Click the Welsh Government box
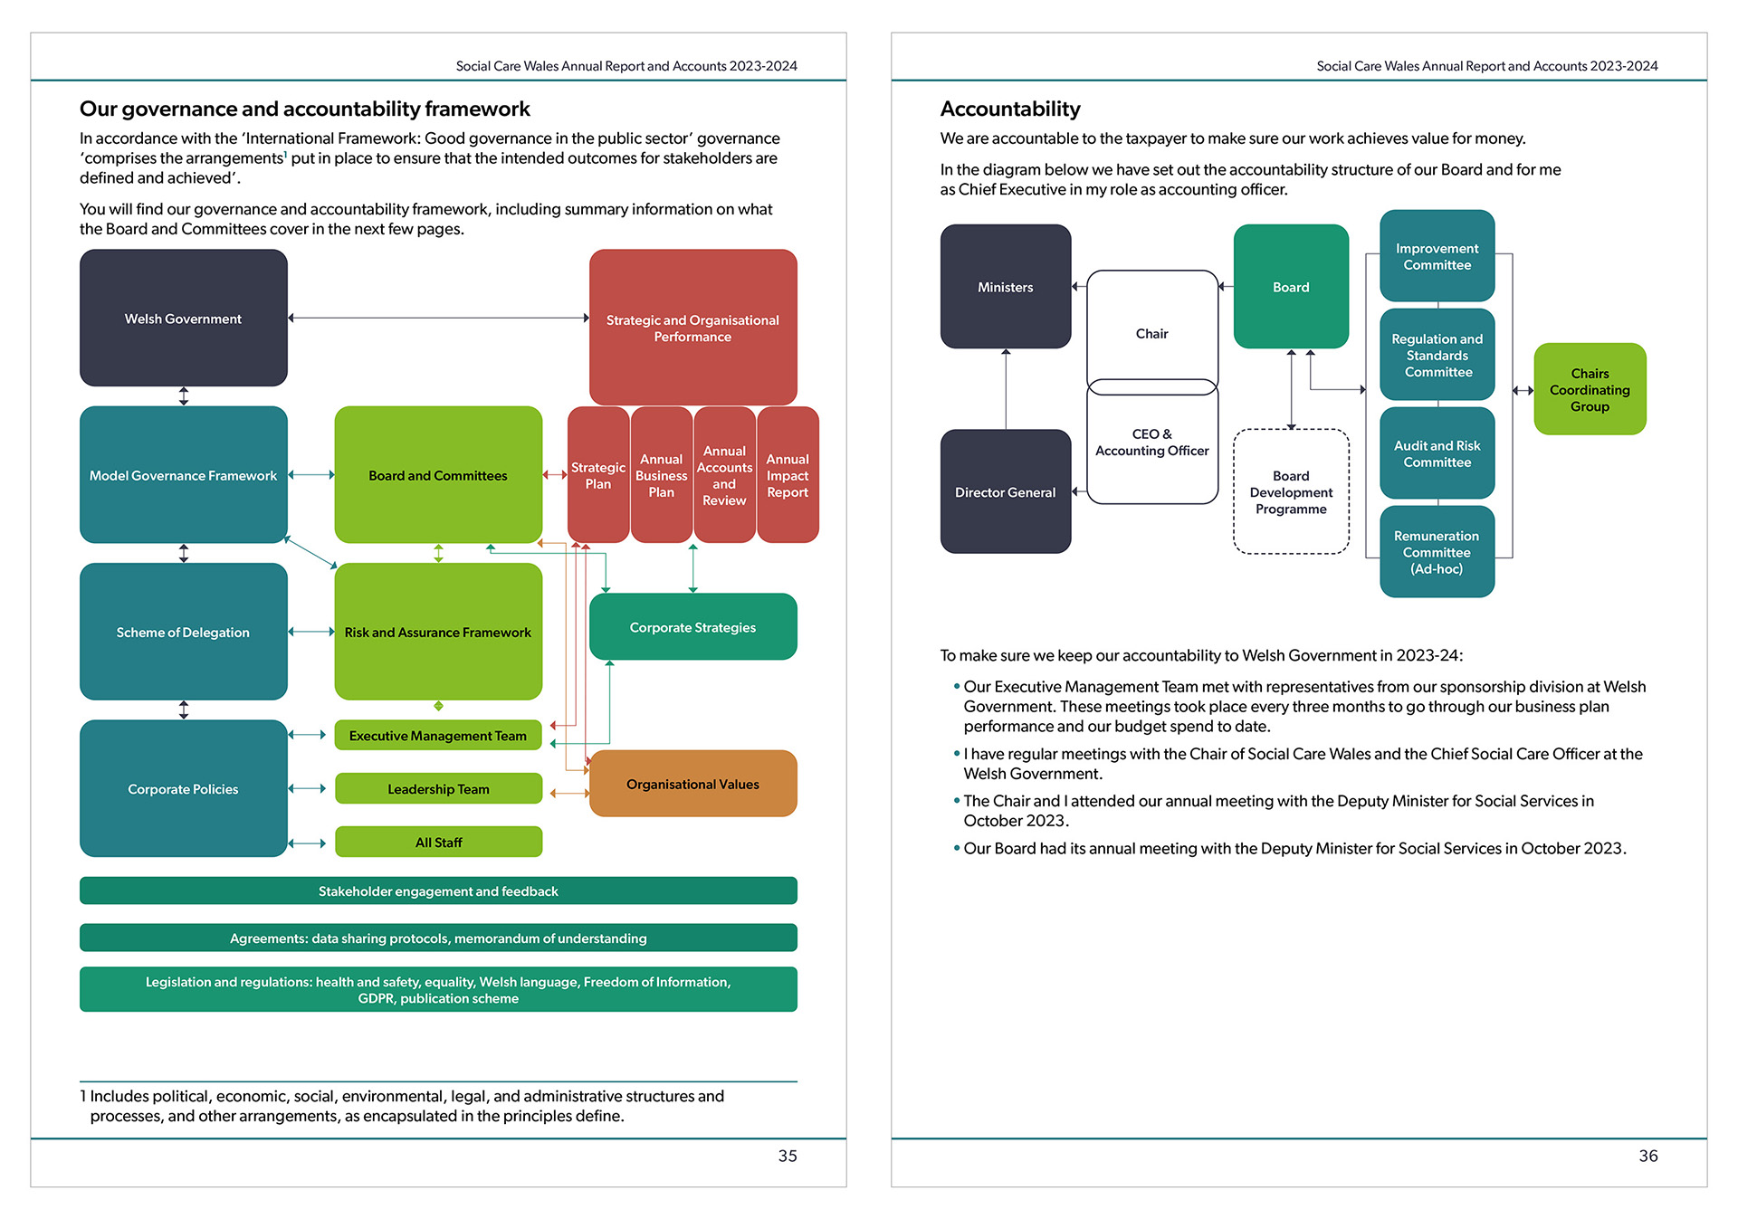click(x=183, y=319)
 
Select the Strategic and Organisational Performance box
click(x=692, y=328)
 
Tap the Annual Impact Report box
click(x=788, y=475)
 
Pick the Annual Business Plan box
click(x=661, y=475)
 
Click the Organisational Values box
click(x=692, y=784)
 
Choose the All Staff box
click(x=438, y=842)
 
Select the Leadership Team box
click(x=438, y=788)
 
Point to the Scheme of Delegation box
click(x=183, y=632)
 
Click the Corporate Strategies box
click(x=692, y=626)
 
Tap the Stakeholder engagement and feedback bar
click(x=438, y=890)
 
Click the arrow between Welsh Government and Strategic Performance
click(x=438, y=318)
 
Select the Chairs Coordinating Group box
click(x=1590, y=389)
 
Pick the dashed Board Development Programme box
click(x=1291, y=491)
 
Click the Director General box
click(x=1005, y=491)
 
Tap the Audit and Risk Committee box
click(x=1437, y=452)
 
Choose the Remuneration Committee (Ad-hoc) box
click(x=1437, y=551)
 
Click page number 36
click(x=1647, y=1156)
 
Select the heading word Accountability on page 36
click(x=1010, y=109)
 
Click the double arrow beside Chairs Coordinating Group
click(x=1523, y=390)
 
